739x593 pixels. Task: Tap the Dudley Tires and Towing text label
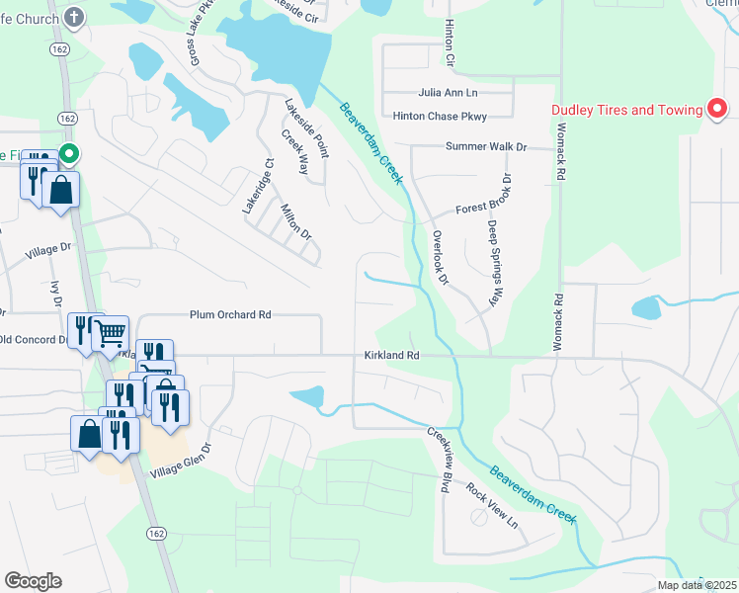tap(627, 110)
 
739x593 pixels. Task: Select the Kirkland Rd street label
tap(391, 355)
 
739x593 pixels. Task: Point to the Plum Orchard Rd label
tap(230, 315)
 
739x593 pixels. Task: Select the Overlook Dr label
tap(440, 259)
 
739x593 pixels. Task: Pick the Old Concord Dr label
tap(33, 340)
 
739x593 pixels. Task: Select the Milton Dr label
tap(295, 222)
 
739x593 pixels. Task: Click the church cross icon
tap(74, 17)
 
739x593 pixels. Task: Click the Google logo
tap(33, 581)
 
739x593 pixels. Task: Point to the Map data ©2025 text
tap(696, 585)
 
